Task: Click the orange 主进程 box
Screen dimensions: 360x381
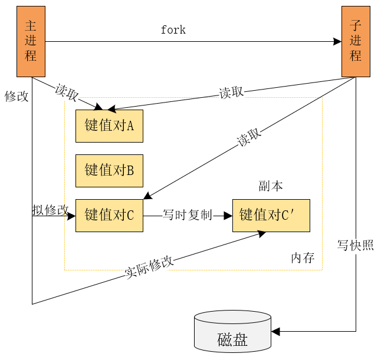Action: click(x=31, y=42)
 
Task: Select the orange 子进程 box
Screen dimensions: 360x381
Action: click(x=356, y=42)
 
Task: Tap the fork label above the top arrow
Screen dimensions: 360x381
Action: click(x=173, y=30)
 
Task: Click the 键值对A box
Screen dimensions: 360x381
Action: click(x=109, y=125)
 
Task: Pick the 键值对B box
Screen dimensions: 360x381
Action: click(x=109, y=171)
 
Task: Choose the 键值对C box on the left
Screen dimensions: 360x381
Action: click(x=109, y=215)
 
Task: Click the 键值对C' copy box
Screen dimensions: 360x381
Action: click(x=271, y=215)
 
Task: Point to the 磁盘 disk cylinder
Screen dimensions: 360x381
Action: click(x=232, y=333)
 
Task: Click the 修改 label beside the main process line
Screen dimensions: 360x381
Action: click(x=16, y=96)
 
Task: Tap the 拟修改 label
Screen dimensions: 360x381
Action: click(x=50, y=210)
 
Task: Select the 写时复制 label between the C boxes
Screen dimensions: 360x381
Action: click(x=187, y=216)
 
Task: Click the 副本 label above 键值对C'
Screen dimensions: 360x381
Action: click(x=271, y=186)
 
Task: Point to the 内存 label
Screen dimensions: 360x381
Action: click(x=303, y=257)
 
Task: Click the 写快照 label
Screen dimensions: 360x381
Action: click(x=356, y=245)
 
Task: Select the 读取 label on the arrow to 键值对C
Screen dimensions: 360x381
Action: click(x=249, y=138)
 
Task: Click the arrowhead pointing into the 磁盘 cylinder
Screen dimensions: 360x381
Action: click(x=275, y=332)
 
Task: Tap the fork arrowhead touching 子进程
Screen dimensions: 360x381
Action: click(x=337, y=42)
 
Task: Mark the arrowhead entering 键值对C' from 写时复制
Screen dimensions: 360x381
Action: click(x=228, y=216)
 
